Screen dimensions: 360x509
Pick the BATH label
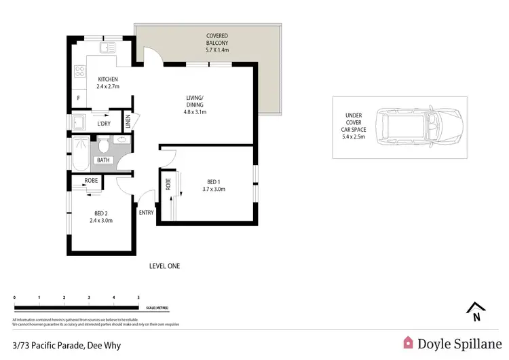103,160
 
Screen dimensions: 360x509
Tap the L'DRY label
104,124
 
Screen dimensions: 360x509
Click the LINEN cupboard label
128,123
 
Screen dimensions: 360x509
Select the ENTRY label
147,213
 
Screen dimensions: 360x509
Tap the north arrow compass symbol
476,311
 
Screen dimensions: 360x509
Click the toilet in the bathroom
104,145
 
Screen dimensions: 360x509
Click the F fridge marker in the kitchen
79,98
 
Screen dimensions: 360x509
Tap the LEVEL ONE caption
164,266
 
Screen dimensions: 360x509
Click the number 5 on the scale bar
138,298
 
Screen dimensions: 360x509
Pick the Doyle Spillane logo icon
408,343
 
